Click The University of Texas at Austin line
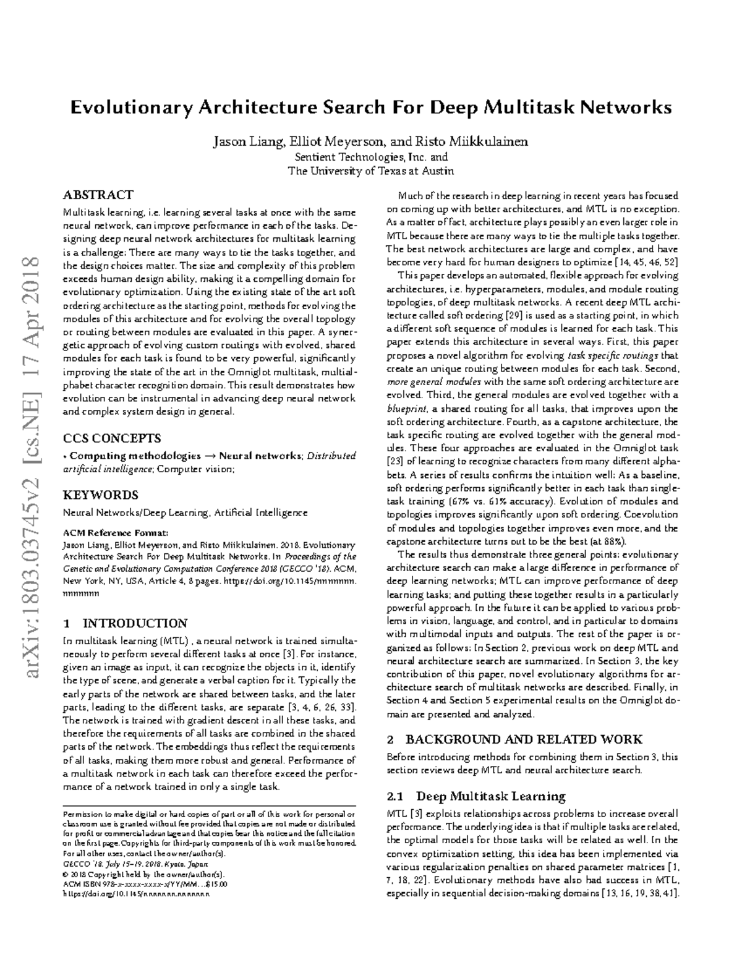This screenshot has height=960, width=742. tap(371, 171)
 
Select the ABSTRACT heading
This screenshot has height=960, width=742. tap(98, 195)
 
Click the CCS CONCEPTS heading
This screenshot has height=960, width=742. tap(112, 439)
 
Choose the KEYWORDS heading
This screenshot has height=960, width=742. tap(101, 495)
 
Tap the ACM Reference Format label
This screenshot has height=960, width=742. tap(116, 532)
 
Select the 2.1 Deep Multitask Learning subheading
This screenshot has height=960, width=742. tap(475, 796)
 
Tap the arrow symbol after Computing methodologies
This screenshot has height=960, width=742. tap(210, 456)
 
